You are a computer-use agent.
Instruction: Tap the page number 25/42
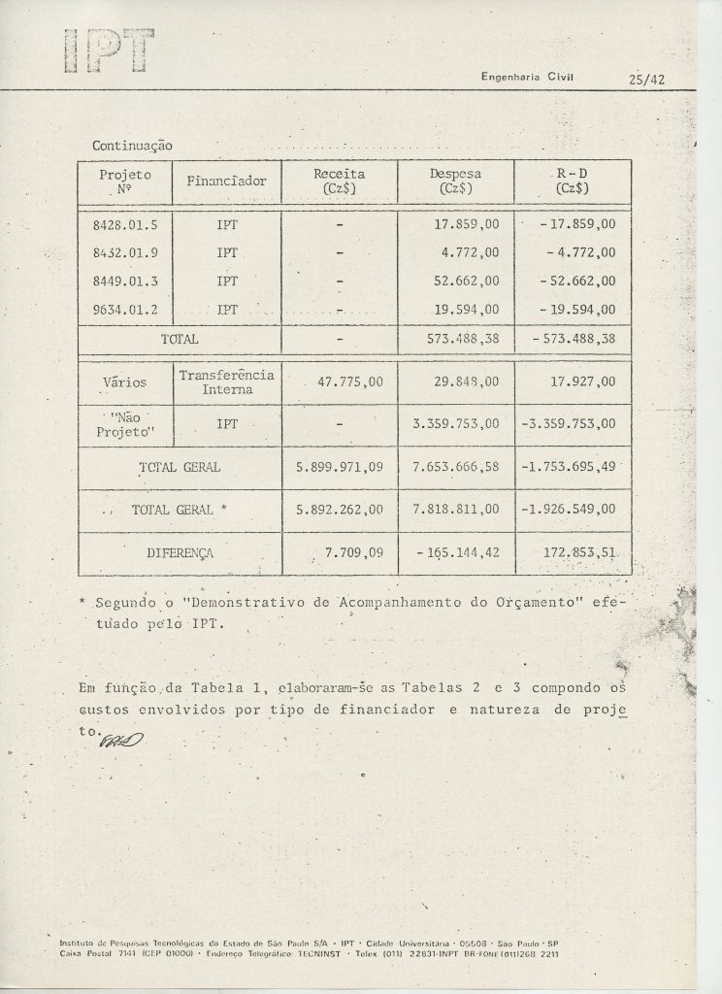click(x=645, y=80)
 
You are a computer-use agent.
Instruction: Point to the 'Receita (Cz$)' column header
click(x=339, y=181)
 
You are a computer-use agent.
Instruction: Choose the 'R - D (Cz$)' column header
click(x=573, y=181)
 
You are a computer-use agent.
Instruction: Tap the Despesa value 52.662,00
click(x=463, y=282)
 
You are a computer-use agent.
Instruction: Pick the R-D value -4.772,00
click(x=576, y=252)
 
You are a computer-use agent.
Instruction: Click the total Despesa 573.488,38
click(x=463, y=340)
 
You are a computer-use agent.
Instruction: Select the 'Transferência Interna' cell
click(x=226, y=381)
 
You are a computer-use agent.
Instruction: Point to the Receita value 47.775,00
click(x=339, y=381)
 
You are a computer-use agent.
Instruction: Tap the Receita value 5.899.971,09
click(x=339, y=467)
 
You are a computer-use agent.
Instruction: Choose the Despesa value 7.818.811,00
click(x=456, y=510)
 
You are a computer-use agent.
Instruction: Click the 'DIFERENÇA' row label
click(x=180, y=552)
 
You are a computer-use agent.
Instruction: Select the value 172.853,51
click(x=576, y=552)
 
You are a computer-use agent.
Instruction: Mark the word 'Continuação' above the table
click(x=132, y=145)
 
